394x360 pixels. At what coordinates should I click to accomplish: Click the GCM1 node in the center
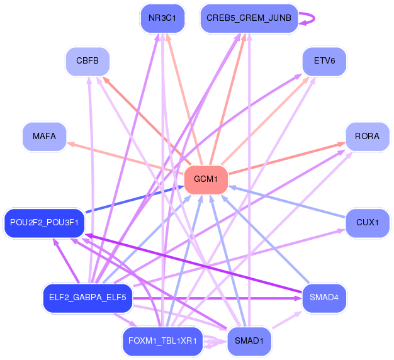[x=205, y=179]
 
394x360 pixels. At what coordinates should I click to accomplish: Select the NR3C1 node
[x=162, y=18]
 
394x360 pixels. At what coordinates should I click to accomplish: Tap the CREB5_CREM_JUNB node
[x=249, y=18]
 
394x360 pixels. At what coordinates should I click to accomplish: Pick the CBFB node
[x=88, y=62]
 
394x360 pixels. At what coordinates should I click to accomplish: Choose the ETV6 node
[x=324, y=62]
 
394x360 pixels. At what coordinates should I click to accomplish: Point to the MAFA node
[x=44, y=136]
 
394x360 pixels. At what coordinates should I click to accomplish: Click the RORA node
[x=367, y=136]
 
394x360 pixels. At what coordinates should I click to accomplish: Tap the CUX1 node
[x=367, y=223]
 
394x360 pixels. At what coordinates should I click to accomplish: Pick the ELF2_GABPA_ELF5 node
[x=87, y=298]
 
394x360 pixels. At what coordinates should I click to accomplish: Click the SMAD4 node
[x=324, y=298]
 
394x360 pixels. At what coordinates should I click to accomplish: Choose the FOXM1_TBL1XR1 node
[x=162, y=342]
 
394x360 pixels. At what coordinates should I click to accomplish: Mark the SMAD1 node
[x=249, y=342]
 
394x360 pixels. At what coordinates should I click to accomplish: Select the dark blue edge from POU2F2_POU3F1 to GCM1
[x=132, y=201]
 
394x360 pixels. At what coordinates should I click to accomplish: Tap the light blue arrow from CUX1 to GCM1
[x=286, y=201]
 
